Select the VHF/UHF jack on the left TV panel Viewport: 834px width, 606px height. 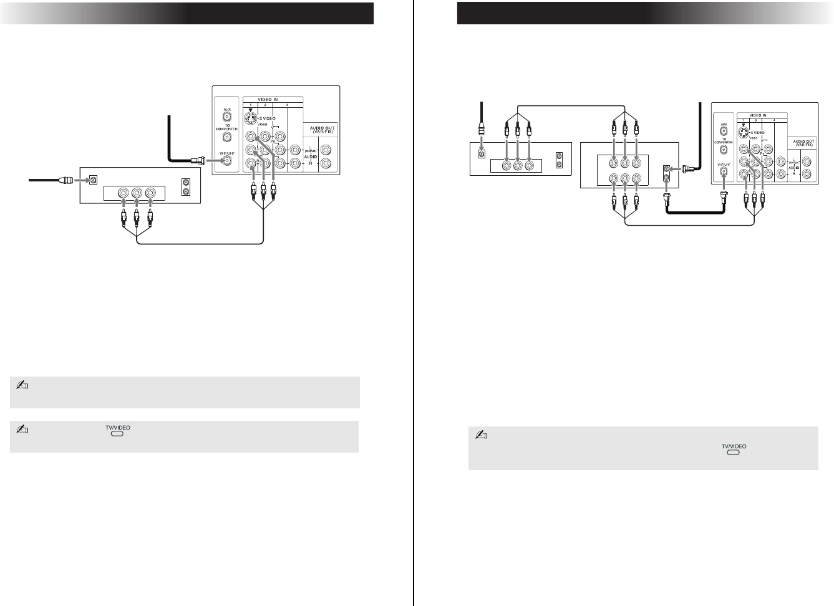pyautogui.click(x=228, y=161)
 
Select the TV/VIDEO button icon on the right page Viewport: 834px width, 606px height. pyautogui.click(x=734, y=452)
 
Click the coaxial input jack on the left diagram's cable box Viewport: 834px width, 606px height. pyautogui.click(x=93, y=180)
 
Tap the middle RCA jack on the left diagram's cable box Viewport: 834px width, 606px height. pyautogui.click(x=137, y=194)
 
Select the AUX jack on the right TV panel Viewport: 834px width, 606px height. pyautogui.click(x=724, y=132)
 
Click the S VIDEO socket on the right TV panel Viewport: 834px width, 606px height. pyautogui.click(x=742, y=133)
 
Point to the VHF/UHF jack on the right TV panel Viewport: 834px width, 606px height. pyautogui.click(x=724, y=170)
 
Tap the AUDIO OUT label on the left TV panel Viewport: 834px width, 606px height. pyautogui.click(x=322, y=130)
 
